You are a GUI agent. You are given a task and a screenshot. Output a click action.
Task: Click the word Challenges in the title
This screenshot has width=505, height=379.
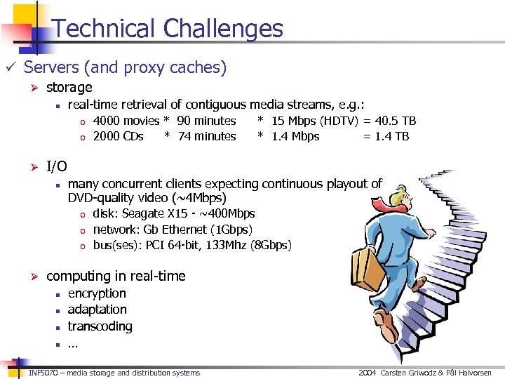pyautogui.click(x=223, y=29)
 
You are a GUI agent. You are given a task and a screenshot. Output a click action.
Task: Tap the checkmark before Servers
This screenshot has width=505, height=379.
pyautogui.click(x=10, y=68)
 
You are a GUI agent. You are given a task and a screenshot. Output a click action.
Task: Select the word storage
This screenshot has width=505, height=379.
pyautogui.click(x=69, y=87)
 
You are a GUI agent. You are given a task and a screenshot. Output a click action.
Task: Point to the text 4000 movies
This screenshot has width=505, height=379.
pyautogui.click(x=126, y=121)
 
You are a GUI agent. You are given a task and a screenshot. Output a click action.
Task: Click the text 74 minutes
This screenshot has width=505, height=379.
pyautogui.click(x=207, y=136)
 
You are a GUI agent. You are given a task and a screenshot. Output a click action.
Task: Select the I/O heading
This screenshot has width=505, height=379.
pyautogui.click(x=56, y=166)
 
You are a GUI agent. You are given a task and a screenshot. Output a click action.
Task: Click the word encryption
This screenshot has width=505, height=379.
pyautogui.click(x=97, y=293)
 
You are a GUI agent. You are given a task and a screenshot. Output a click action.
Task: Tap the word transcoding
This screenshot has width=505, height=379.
pyautogui.click(x=100, y=326)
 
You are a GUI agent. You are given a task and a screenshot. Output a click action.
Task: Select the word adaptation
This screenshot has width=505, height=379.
pyautogui.click(x=97, y=310)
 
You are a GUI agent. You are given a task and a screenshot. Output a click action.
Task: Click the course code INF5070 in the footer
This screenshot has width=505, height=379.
pyautogui.click(x=46, y=373)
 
